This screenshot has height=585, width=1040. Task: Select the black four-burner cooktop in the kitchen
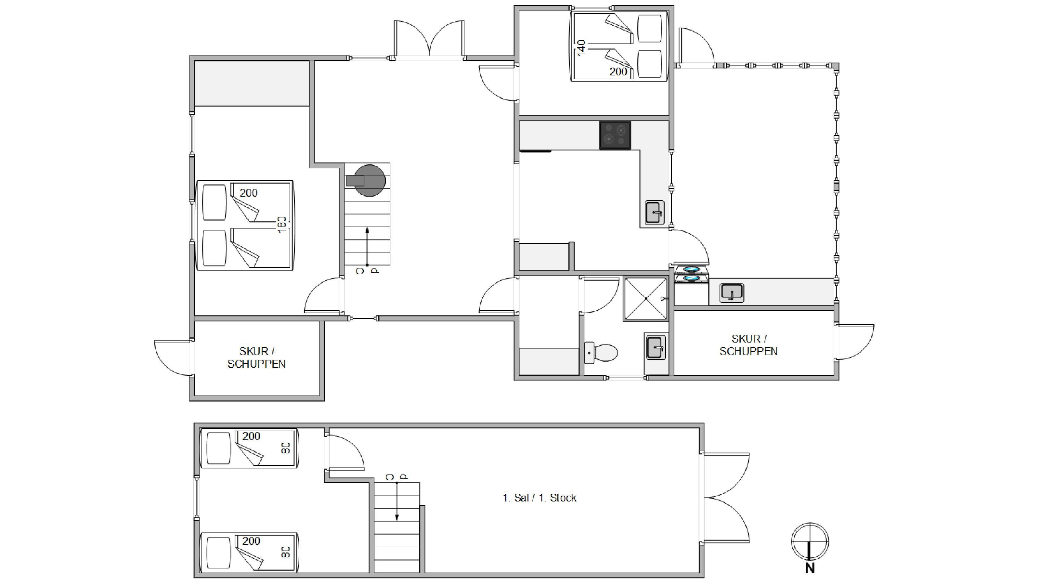point(615,136)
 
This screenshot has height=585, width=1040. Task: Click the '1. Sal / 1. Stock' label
point(539,498)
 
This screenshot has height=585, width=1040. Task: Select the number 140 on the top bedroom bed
point(581,48)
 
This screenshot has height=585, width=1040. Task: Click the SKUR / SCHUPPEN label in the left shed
point(256,358)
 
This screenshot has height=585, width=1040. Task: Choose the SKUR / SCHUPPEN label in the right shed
point(748,345)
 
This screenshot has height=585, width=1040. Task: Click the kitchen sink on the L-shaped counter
point(655,212)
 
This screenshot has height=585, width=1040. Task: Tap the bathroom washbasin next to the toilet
point(655,347)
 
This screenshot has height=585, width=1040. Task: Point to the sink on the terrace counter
point(732,292)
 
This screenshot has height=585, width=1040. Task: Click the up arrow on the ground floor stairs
point(367,247)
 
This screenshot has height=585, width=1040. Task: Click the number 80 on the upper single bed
point(285,448)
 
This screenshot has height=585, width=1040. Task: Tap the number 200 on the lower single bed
point(251,540)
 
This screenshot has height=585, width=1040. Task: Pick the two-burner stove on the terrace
point(692,274)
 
